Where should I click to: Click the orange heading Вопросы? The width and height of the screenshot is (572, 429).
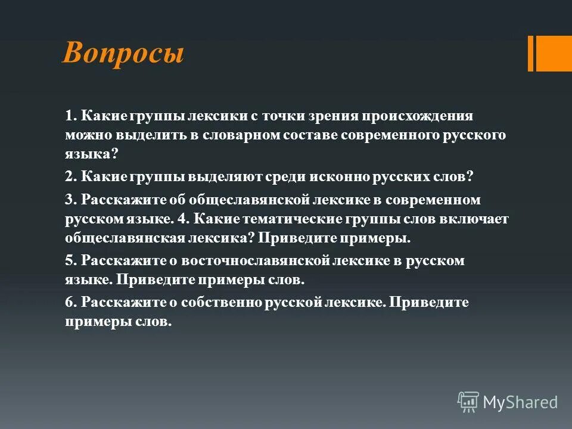[x=123, y=54]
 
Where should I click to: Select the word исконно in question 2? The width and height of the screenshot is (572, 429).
[x=338, y=177]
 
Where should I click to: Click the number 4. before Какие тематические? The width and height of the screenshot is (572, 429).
[x=183, y=219]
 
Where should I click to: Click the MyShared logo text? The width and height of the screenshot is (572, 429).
[x=520, y=402]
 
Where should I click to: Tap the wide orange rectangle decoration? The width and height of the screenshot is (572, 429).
[x=554, y=54]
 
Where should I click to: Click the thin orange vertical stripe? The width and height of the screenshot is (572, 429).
[x=530, y=54]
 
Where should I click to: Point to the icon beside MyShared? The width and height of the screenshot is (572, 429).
[x=468, y=402]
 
